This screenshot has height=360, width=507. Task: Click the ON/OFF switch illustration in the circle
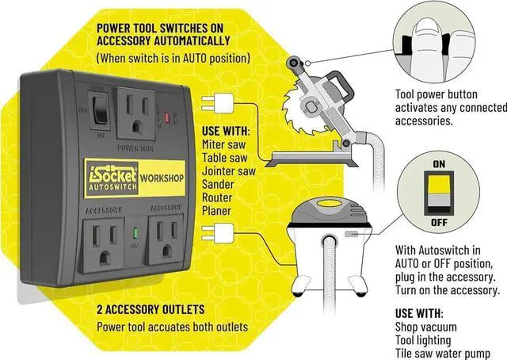tap(437, 190)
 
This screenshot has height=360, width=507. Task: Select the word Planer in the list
tap(215, 211)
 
